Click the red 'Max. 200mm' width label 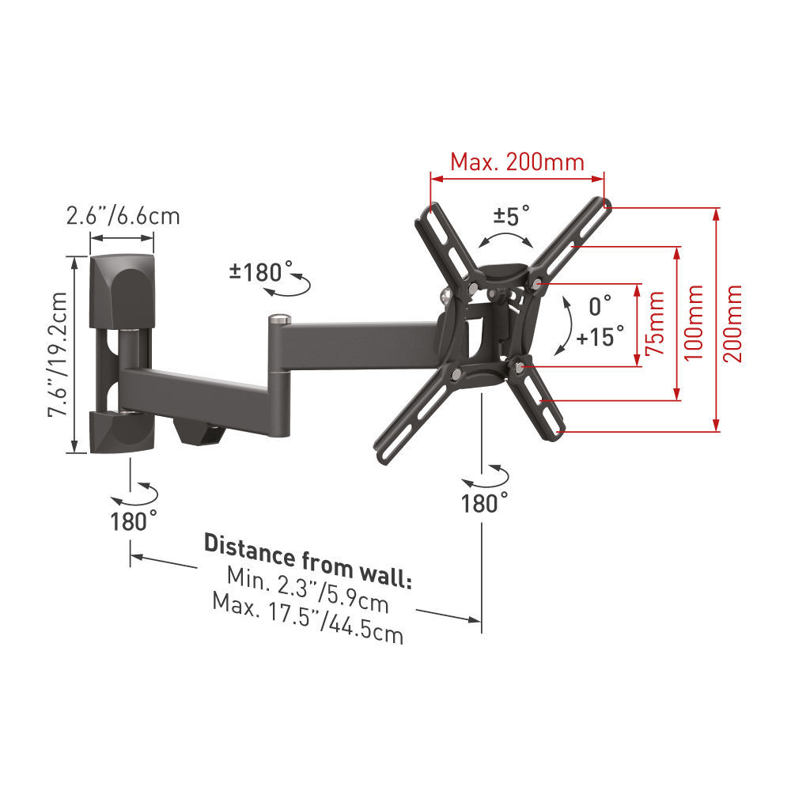pos(517,162)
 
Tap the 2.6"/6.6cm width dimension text pos(123,215)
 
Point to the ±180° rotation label pos(261,272)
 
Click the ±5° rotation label pos(512,215)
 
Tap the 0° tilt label pos(600,305)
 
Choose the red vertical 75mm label pos(654,325)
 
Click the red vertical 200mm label pos(734,323)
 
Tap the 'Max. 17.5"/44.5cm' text pos(308,617)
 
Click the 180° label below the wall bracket pos(134,520)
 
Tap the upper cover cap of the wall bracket pos(123,285)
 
